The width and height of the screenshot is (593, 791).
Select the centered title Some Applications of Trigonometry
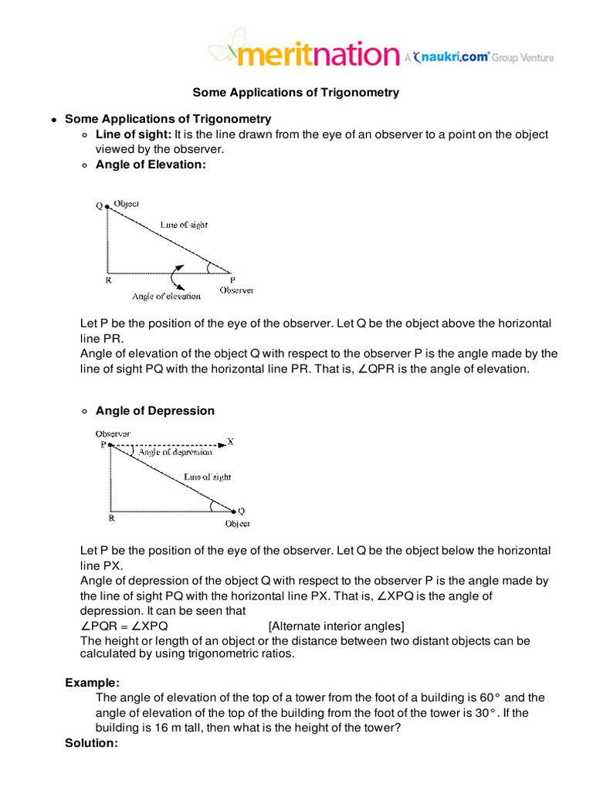coord(296,93)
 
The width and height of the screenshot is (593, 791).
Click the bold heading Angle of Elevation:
coord(151,164)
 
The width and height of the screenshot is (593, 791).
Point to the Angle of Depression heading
coord(155,411)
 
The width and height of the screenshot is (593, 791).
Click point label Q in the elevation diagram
coord(99,205)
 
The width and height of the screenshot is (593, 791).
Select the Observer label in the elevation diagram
coord(236,290)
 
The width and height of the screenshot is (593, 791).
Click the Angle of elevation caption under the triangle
coord(166,296)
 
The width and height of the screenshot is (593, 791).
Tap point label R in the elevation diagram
coord(108,280)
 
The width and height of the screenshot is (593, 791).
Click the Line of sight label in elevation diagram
coord(184,224)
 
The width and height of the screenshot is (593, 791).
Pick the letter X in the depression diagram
coord(231,442)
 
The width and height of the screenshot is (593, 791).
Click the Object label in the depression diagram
coord(237,524)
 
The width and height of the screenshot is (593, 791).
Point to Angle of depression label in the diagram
coord(175,452)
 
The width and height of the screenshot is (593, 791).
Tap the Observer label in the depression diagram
coord(113,433)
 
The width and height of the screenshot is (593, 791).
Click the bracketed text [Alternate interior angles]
coord(336,626)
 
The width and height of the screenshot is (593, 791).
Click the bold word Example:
coord(92,683)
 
